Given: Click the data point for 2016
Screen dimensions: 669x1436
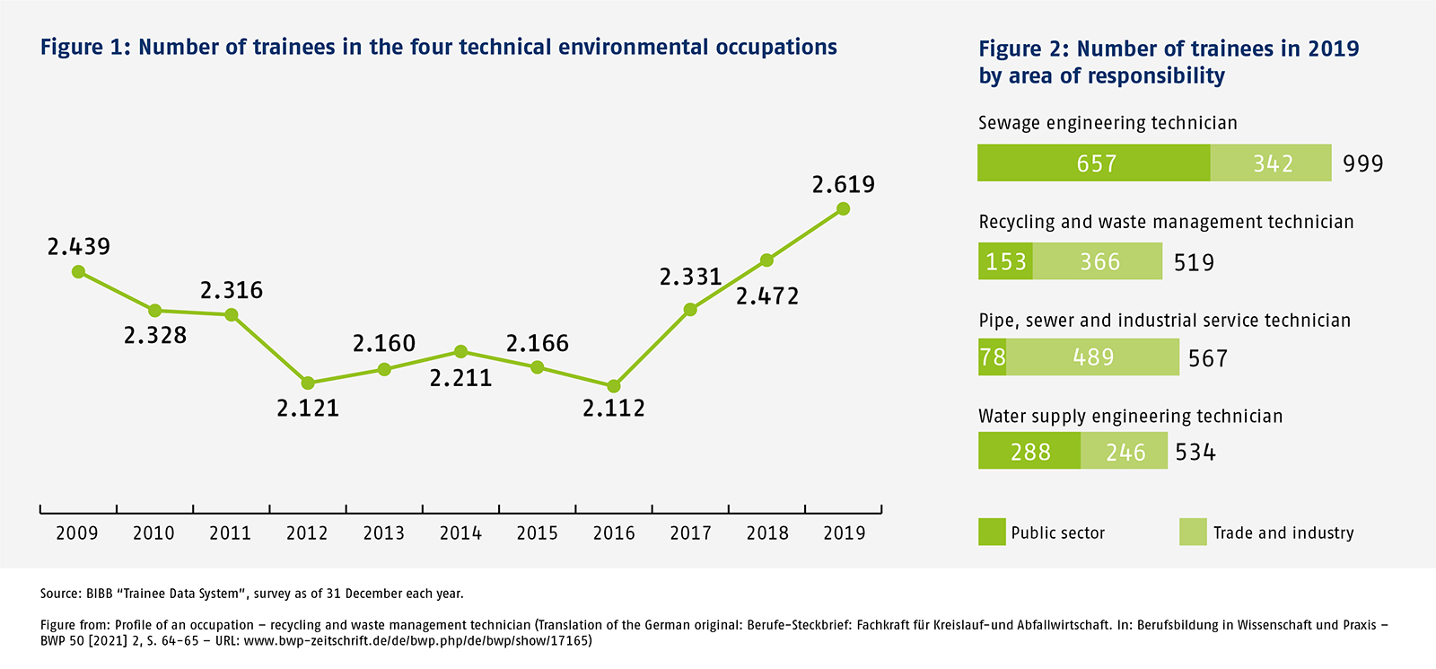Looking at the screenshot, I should [x=614, y=386].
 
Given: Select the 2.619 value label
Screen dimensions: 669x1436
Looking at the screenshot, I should [x=843, y=185].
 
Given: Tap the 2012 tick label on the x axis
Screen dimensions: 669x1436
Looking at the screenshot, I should [x=307, y=533].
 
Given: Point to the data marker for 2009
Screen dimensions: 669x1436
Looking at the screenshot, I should [x=79, y=271].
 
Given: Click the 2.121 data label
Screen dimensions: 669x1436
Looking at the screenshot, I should [x=308, y=409].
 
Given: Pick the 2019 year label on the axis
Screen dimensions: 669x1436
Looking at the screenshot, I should [x=844, y=533].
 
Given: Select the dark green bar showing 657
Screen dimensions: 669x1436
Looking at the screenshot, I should [x=1094, y=163].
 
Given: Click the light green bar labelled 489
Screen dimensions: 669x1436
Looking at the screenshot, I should [x=1093, y=357].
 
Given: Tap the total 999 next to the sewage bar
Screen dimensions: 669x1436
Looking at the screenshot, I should [x=1362, y=163].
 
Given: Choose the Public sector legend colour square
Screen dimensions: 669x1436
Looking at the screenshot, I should [x=992, y=532].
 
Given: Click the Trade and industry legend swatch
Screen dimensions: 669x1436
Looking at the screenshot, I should [x=1193, y=532].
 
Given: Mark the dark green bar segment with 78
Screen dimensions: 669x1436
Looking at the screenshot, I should [x=992, y=357].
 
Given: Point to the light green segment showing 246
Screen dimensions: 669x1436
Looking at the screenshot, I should [x=1125, y=452].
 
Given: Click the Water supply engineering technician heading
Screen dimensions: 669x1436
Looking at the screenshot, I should [x=1130, y=417].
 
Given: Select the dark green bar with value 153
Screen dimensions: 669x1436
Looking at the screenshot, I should [x=1005, y=261].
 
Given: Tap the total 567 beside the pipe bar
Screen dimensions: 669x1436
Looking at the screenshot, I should [x=1207, y=359].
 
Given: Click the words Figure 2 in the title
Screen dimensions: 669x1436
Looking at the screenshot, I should [x=1023, y=48].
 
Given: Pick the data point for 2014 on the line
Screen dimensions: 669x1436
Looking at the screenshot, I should [x=460, y=351].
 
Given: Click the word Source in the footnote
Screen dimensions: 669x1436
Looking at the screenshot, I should [x=59, y=594].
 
